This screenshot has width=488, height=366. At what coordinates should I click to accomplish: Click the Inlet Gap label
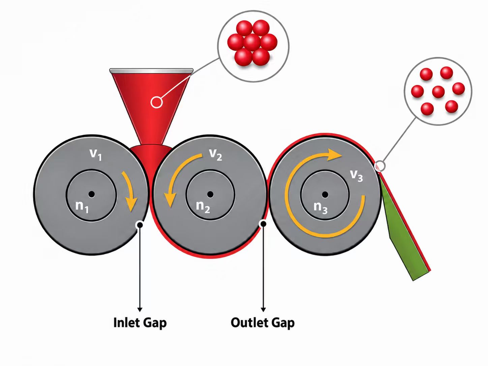[140, 323]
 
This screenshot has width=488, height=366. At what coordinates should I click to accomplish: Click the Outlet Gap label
[263, 323]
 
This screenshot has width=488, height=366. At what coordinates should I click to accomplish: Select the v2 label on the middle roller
[215, 154]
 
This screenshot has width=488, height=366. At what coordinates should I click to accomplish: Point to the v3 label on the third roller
[357, 176]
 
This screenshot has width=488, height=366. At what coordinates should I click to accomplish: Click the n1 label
[82, 207]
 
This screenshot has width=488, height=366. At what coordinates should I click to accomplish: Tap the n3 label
[321, 208]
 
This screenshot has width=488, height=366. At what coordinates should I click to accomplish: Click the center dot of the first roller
[91, 194]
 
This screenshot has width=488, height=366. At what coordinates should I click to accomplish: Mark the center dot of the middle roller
[210, 194]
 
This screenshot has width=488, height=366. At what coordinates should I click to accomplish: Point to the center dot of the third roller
[325, 195]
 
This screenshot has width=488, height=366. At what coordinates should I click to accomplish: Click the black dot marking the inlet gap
[140, 225]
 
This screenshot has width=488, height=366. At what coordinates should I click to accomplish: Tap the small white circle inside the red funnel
[156, 102]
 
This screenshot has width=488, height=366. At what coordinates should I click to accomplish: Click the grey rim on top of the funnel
[151, 71]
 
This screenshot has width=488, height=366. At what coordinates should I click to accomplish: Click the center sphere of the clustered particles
[252, 42]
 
